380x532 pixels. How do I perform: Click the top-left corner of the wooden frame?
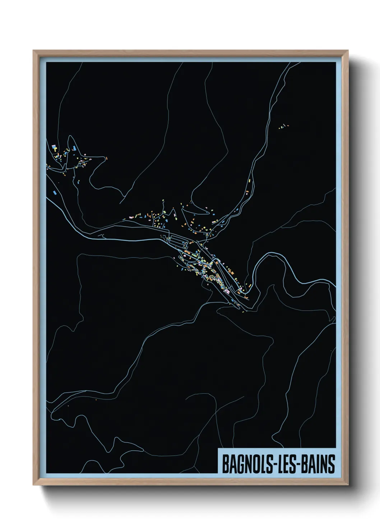click(x=34, y=51)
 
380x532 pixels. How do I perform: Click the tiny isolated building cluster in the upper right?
click(x=283, y=126)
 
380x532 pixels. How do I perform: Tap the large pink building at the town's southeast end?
click(x=227, y=291)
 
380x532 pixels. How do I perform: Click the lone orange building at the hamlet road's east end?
click(x=106, y=157)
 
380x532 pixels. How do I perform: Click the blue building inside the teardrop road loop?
click(x=74, y=148)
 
